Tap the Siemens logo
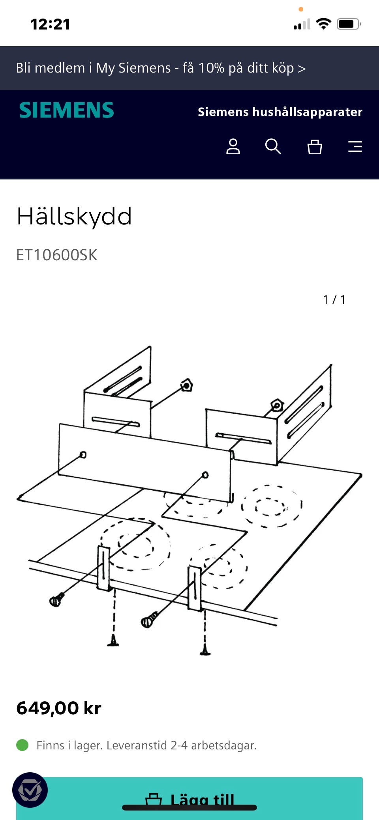coord(66,110)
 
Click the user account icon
coord(233,146)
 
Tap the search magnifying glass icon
coord(273,146)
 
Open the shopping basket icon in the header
coord(315,147)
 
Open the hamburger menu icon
coord(355,147)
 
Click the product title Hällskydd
coord(74,217)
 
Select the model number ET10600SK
coord(57,255)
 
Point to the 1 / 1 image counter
coord(334,300)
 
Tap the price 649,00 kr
coord(59,708)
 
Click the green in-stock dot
coord(23,745)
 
